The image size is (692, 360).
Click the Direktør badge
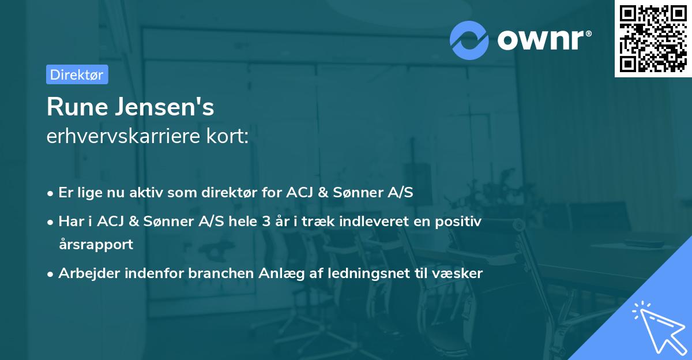(x=77, y=74)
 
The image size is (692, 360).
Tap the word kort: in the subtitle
(x=230, y=137)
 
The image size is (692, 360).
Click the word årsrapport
(x=96, y=244)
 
